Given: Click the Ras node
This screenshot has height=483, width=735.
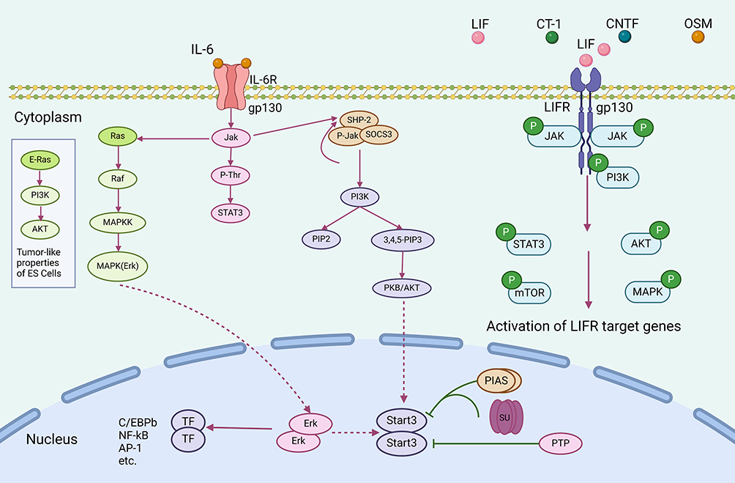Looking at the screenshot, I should pyautogui.click(x=119, y=137).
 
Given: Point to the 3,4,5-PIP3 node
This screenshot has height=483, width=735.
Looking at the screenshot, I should pyautogui.click(x=401, y=238).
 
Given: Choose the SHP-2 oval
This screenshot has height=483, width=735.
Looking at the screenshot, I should pyautogui.click(x=358, y=120).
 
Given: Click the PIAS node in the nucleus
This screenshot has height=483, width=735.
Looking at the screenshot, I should pyautogui.click(x=495, y=380).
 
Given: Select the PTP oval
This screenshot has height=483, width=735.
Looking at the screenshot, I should pyautogui.click(x=563, y=443).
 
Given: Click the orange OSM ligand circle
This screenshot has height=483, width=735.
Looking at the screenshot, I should pyautogui.click(x=698, y=37).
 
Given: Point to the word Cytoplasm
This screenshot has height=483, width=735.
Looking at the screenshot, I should pyautogui.click(x=48, y=117).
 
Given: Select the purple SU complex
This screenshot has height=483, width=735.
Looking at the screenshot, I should pyautogui.click(x=506, y=414).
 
